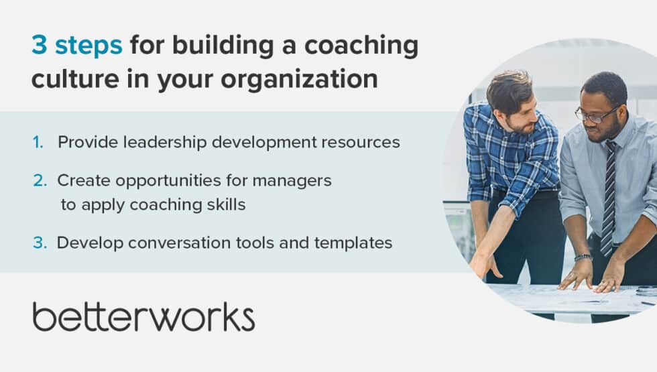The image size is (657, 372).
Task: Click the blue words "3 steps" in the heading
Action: pyautogui.click(x=77, y=46)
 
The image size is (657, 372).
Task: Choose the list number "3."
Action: pyautogui.click(x=40, y=243)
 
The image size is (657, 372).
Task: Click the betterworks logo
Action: pyautogui.click(x=143, y=316)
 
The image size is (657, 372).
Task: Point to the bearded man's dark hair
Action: pyautogui.click(x=510, y=87)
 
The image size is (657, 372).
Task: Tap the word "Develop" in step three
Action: pyautogui.click(x=80, y=243)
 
